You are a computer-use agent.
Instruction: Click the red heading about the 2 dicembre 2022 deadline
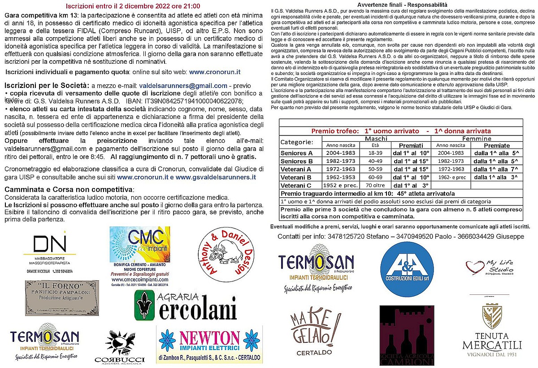(x=133, y=6)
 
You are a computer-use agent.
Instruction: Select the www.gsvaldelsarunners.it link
(x=216, y=177)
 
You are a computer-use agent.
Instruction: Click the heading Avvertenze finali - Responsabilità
(x=402, y=4)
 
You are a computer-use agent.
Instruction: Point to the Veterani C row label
(x=296, y=185)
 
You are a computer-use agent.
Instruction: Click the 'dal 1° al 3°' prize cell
(x=411, y=185)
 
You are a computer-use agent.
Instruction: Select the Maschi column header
(x=376, y=139)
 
